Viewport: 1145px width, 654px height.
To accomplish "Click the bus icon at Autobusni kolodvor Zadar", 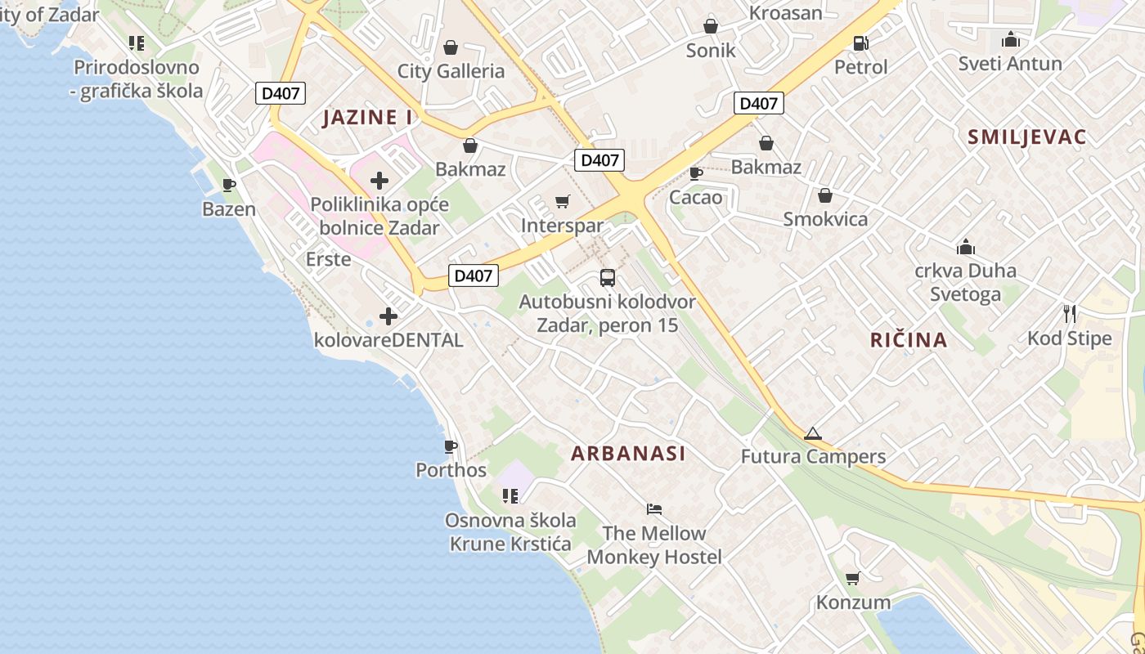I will click(x=607, y=278).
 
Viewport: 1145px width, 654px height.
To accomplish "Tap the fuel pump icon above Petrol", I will click(x=860, y=43).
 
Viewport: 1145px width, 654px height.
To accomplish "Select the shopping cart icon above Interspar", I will click(x=562, y=201).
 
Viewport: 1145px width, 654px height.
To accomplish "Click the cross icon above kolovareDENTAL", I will click(x=388, y=316).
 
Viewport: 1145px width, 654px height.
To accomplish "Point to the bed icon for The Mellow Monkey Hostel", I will click(x=653, y=508).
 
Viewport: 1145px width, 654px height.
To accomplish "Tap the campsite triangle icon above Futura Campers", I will click(x=812, y=433).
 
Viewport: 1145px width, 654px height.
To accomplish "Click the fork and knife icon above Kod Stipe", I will click(x=1069, y=313).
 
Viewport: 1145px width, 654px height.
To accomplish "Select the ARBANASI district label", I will click(x=628, y=454).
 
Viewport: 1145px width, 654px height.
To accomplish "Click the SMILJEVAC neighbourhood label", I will click(x=1026, y=137).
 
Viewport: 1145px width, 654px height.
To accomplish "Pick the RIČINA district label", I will click(x=908, y=340).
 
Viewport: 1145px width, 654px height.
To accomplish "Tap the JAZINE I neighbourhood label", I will click(x=367, y=117).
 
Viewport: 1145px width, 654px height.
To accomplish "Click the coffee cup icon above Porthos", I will click(x=450, y=446).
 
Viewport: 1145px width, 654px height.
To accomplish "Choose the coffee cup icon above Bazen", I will click(x=229, y=185).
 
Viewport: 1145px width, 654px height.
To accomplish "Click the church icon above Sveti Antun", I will click(x=1010, y=39).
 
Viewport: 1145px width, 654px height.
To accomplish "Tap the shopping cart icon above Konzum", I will click(x=852, y=578).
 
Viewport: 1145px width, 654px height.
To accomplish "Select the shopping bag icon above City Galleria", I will click(x=450, y=47).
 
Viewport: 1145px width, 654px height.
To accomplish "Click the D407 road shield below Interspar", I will click(x=473, y=275).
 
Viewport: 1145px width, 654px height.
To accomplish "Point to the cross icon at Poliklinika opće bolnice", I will click(x=379, y=181).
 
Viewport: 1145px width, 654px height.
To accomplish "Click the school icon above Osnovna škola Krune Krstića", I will click(x=510, y=495).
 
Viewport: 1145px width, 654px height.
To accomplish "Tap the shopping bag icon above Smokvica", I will click(x=824, y=195).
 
